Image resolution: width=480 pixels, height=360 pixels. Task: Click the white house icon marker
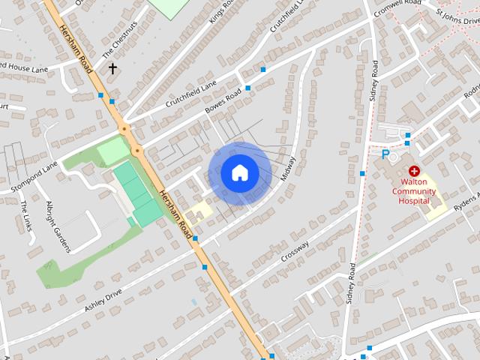pyautogui.click(x=239, y=173)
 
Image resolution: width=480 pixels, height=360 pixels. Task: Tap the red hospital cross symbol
pyautogui.click(x=414, y=171)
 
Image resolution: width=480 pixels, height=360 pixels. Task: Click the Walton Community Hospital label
pyautogui.click(x=414, y=190)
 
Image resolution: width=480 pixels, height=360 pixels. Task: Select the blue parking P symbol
pyautogui.click(x=385, y=155)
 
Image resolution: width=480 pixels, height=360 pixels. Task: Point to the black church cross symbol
pyautogui.click(x=112, y=69)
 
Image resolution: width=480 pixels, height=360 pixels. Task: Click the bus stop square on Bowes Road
pyautogui.click(x=247, y=88)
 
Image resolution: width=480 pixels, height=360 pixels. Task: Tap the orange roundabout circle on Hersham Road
pyautogui.click(x=136, y=151)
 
